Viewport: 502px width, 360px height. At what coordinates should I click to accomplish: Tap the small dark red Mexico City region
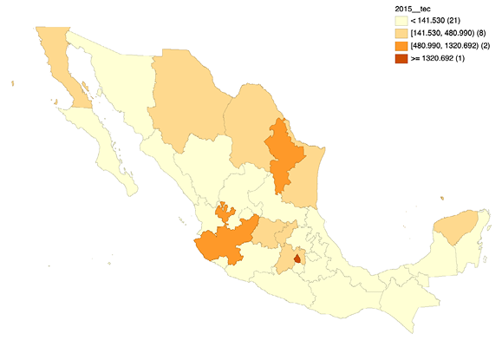[x=298, y=258]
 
